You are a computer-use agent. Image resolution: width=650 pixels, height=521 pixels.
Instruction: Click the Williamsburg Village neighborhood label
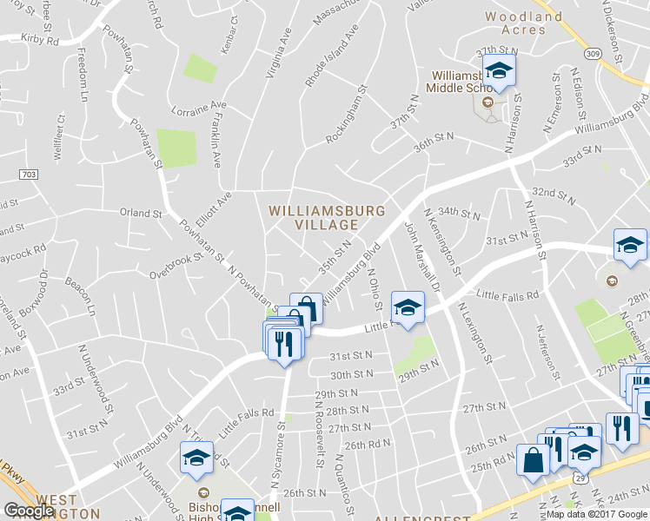click(x=327, y=218)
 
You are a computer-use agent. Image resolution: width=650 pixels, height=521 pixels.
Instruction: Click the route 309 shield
click(x=593, y=54)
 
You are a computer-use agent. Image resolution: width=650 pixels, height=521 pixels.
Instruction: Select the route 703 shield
click(x=28, y=175)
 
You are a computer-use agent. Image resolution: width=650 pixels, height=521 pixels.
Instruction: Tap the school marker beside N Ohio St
click(x=407, y=307)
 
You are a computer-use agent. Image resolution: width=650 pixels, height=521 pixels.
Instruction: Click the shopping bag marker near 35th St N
click(x=306, y=309)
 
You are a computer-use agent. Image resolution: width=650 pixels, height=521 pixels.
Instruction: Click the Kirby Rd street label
click(x=39, y=40)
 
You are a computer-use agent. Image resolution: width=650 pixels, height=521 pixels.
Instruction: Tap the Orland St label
click(x=141, y=213)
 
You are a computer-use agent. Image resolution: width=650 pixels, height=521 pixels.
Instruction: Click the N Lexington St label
click(x=474, y=333)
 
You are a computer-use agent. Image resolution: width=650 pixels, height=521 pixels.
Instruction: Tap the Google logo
click(x=29, y=511)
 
